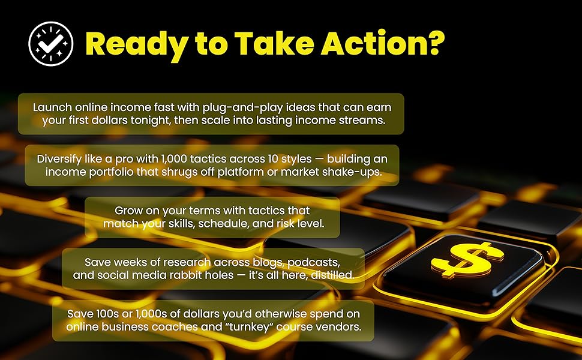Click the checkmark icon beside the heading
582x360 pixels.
click(51, 43)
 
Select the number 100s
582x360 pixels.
click(112, 314)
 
